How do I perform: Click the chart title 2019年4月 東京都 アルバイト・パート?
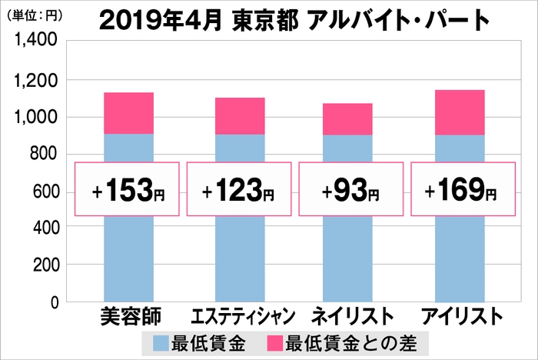coord(294,19)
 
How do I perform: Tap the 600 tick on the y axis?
coord(42,192)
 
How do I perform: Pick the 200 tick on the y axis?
coord(42,265)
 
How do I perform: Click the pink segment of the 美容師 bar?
coord(128,113)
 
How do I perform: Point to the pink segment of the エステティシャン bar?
coord(239,116)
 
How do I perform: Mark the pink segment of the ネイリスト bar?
coord(347,119)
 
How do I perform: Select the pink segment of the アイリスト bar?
coord(460,112)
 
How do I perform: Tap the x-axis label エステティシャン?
coord(239,318)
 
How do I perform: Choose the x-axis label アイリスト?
coord(460,318)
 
